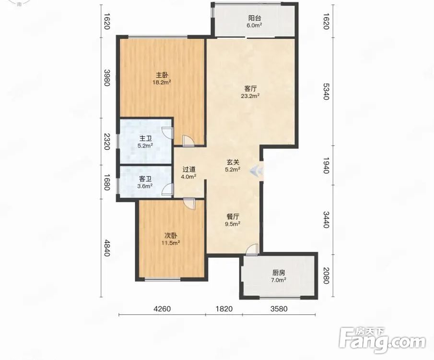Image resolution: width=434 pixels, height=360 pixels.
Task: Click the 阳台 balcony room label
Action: (255, 18)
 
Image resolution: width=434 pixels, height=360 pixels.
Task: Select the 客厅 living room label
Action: (250, 89)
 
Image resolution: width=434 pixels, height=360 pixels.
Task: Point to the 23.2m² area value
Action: (250, 96)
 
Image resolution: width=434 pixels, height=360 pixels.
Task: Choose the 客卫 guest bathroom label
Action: (145, 179)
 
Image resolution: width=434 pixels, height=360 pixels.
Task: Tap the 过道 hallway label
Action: (189, 169)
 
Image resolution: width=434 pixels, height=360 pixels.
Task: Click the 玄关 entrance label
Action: (233, 162)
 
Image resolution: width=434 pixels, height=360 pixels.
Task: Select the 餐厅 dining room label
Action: (233, 216)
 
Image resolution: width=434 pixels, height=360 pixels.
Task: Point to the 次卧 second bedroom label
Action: (171, 236)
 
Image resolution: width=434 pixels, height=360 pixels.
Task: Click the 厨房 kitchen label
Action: (279, 273)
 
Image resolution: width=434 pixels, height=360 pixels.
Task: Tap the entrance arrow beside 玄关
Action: (257, 171)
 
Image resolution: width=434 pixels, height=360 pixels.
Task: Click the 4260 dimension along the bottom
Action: (162, 309)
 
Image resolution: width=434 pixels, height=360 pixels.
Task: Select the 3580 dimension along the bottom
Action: (279, 309)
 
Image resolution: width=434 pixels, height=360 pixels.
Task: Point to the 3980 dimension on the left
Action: (107, 78)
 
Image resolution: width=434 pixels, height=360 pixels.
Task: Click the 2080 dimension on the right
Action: (326, 276)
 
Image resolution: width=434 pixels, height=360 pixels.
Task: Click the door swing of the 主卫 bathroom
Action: (168, 132)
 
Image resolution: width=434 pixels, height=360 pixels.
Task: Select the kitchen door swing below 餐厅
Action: (252, 250)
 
